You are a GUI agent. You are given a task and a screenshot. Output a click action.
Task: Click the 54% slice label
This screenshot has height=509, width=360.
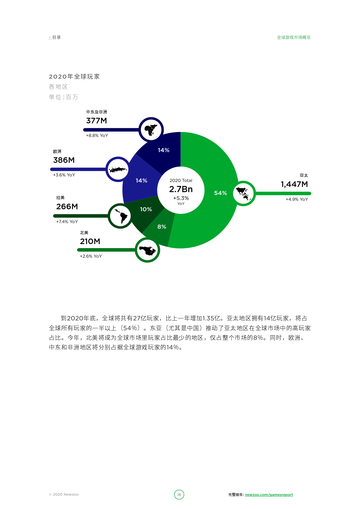click(220, 193)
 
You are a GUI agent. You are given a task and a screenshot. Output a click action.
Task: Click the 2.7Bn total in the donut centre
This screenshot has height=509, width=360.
click(181, 189)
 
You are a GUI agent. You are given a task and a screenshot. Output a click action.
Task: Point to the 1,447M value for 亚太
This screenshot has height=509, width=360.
click(294, 184)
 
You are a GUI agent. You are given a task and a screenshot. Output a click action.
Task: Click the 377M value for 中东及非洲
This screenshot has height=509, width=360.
click(96, 121)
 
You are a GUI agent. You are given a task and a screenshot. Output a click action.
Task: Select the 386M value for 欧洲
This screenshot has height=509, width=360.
click(64, 160)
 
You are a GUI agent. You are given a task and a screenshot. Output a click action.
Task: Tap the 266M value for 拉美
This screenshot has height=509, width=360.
click(67, 207)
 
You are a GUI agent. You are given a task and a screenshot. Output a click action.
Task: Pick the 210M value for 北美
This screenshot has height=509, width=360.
click(90, 241)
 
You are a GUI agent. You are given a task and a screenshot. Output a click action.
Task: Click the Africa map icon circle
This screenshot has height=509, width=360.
click(151, 129)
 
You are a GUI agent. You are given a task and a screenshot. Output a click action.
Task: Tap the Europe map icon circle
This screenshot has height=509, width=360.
click(118, 169)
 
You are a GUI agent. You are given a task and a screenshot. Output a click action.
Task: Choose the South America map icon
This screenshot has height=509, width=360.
click(120, 216)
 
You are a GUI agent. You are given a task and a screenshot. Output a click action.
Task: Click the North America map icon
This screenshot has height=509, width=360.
click(147, 250)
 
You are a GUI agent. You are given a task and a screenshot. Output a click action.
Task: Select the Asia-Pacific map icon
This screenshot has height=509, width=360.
click(244, 193)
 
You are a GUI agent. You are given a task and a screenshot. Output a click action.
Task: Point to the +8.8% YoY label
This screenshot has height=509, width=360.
click(97, 136)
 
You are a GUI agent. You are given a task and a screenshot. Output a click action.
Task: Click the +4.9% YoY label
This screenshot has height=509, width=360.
click(297, 199)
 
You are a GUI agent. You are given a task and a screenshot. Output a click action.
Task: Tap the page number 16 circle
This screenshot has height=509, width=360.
click(179, 494)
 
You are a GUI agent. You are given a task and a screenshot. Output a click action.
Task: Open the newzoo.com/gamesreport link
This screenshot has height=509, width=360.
click(269, 495)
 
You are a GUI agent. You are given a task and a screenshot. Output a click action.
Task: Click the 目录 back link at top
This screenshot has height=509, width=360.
click(55, 37)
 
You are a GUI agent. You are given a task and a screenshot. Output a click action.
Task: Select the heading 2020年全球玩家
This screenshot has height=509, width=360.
click(74, 77)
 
